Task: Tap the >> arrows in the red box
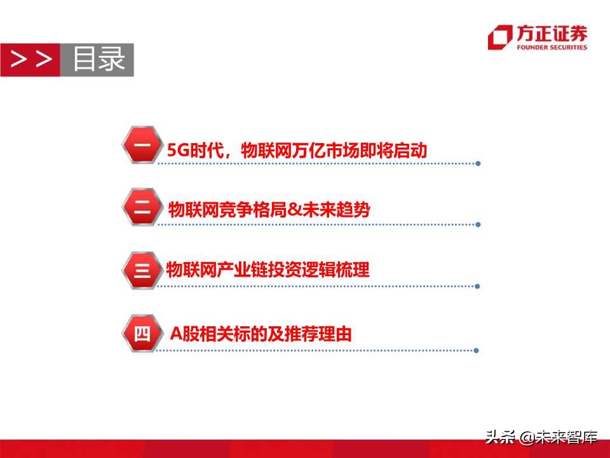pos(30,60)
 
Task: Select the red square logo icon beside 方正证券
pos(499,38)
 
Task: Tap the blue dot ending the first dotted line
pos(478,163)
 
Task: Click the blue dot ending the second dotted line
pos(478,224)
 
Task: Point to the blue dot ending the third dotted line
pos(478,286)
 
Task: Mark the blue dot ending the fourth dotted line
pos(477,350)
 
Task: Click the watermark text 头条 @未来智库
pos(541,437)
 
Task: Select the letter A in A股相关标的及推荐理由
pos(177,333)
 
